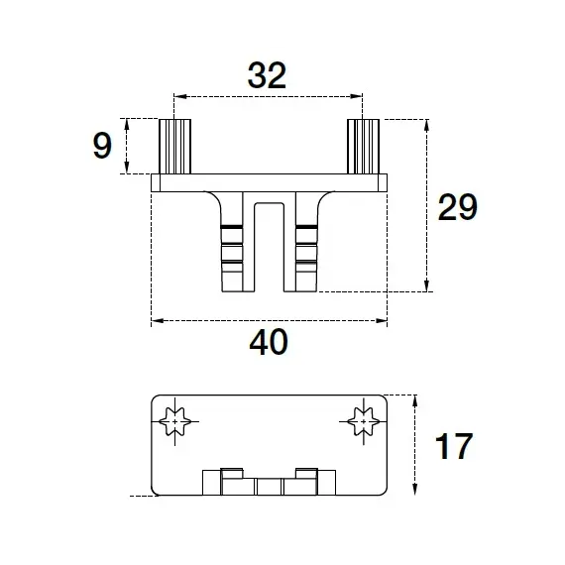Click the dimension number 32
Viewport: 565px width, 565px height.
pos(267,75)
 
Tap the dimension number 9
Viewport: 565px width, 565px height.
pos(102,145)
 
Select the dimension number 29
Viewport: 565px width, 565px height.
pos(457,207)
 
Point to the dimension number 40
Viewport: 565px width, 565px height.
pos(269,342)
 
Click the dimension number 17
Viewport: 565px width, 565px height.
pos(454,446)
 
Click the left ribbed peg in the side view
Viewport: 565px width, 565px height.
pos(174,147)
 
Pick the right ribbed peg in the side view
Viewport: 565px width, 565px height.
pos(363,147)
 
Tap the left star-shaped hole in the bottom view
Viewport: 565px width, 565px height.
pos(174,421)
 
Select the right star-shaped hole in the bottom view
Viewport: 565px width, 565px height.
pos(364,421)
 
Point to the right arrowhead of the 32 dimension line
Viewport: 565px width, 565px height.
pos(357,96)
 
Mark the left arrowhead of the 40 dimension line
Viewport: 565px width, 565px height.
pos(158,321)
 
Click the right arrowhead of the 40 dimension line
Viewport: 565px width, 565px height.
pos(382,321)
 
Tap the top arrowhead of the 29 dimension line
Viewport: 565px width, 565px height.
pos(426,126)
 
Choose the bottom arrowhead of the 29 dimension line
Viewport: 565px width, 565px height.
pos(426,285)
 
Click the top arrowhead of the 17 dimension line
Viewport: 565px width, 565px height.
pos(415,401)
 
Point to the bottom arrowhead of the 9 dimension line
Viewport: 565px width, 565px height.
pos(127,168)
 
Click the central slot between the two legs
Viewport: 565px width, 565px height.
pos(270,247)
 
